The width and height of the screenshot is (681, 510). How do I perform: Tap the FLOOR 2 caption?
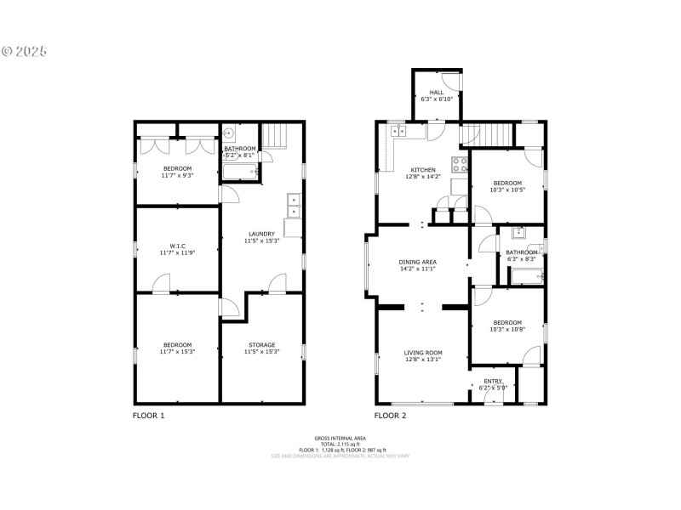[x=391, y=416]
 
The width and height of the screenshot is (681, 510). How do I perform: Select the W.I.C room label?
[x=177, y=246]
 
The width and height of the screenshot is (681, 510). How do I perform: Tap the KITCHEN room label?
[x=423, y=170]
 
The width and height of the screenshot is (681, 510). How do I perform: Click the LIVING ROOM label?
[x=423, y=352]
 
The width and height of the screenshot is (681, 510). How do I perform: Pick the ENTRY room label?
[x=493, y=381]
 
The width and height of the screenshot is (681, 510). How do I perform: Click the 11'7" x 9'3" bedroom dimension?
[x=177, y=176]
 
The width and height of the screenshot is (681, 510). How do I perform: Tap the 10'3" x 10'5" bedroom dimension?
[x=506, y=190]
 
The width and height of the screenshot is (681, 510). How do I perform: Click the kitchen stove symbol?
[x=460, y=164]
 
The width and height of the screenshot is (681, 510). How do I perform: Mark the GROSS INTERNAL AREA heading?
[x=340, y=438]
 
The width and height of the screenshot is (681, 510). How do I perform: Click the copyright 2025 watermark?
[x=24, y=51]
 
